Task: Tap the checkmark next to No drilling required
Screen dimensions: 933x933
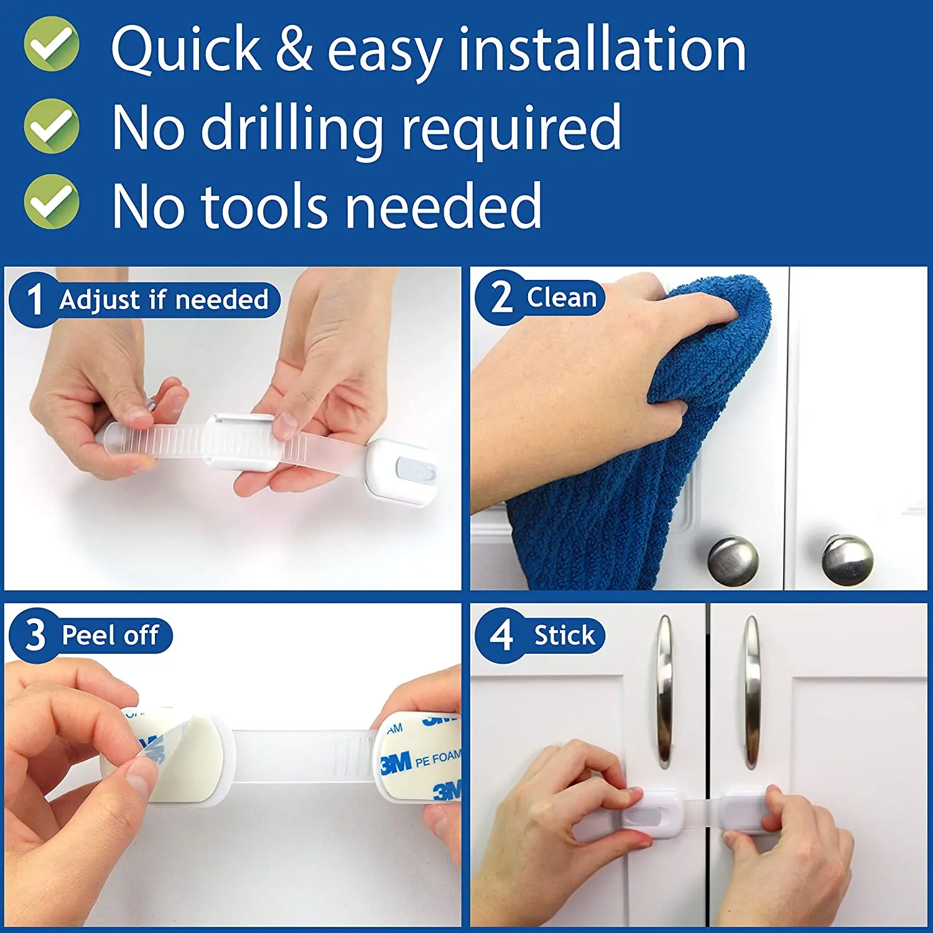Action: [52, 126]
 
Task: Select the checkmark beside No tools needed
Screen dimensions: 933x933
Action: [52, 202]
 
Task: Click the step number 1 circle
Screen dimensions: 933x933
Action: [35, 300]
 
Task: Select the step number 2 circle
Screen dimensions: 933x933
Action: [501, 297]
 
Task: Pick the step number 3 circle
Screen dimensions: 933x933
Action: [35, 635]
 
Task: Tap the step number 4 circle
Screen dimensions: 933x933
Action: [501, 635]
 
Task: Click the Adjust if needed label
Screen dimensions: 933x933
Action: [164, 300]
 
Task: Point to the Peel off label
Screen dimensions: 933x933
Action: [110, 636]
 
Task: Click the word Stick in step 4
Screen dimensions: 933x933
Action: [564, 636]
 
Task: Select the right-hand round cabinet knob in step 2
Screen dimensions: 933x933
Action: [847, 560]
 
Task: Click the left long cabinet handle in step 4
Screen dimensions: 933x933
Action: [665, 690]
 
